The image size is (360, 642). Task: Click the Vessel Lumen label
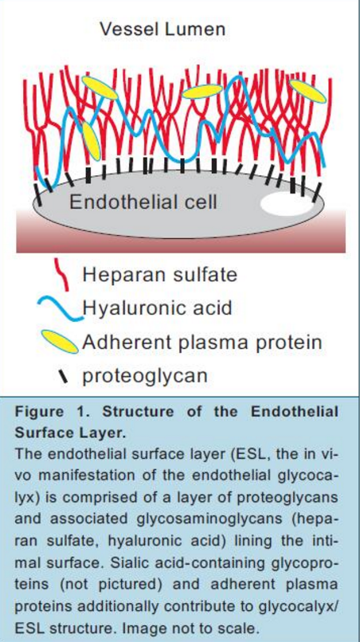coord(162,29)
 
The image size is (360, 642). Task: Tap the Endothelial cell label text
coord(143,202)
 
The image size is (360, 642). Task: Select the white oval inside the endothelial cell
coord(287,203)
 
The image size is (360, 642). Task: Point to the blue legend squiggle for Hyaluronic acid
coord(60,309)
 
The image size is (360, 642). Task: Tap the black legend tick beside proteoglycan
coord(63,376)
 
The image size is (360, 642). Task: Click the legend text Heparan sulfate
coord(160,275)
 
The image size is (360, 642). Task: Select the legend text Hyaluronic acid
coord(157,308)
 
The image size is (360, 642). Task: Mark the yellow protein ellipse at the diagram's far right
coord(307,92)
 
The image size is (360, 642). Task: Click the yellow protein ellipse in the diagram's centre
coord(202,92)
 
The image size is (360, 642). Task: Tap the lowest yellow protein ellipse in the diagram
coord(91,141)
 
